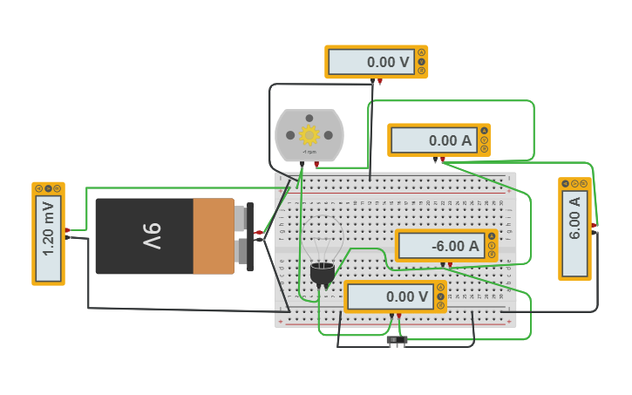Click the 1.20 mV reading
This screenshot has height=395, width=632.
[49, 239]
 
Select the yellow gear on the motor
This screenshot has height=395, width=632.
[309, 135]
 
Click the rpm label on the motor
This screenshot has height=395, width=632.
[309, 153]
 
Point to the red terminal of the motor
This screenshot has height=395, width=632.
[316, 164]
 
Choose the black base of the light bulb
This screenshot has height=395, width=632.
[321, 275]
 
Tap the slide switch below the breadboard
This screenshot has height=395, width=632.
[397, 340]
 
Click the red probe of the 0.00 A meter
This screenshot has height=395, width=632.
[443, 160]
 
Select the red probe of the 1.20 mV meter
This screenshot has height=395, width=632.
[68, 230]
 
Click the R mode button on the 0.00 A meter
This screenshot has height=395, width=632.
[485, 149]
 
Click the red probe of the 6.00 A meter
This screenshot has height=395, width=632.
[594, 225]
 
